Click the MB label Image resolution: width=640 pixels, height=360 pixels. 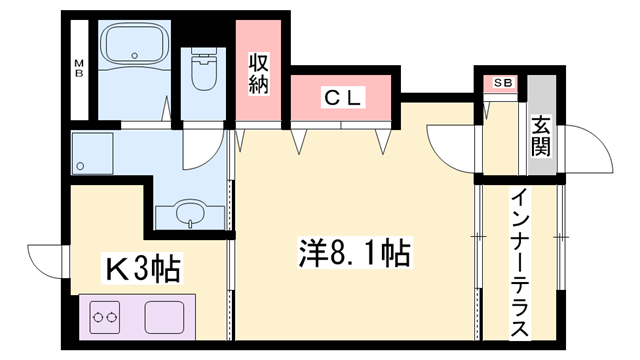77,69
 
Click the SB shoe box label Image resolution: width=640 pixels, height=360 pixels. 500,84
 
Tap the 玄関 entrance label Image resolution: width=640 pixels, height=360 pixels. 542,138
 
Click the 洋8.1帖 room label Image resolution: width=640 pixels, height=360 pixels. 353,253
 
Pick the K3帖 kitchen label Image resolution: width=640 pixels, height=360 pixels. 143,268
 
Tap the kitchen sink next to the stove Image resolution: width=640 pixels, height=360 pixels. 166,319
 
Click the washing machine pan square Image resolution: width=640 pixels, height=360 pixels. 92,155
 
